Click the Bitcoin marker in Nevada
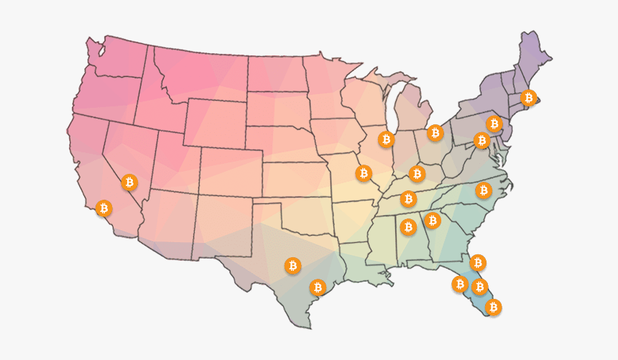coord(129,183)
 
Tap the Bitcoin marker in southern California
coord(103,208)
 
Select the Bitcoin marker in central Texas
coord(292,266)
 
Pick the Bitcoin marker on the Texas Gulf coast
coord(318,287)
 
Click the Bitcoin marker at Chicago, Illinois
coord(387,139)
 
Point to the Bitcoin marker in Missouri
coord(364,173)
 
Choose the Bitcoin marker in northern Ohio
coord(435,132)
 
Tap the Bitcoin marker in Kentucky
coord(417,173)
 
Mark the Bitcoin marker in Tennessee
coord(408,198)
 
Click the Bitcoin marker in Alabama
coord(408,227)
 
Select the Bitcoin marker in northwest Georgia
coord(432,220)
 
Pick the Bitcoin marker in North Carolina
coord(483,190)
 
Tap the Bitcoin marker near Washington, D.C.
coord(481,139)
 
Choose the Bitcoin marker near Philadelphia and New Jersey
coord(493,124)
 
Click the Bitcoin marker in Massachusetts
coord(528,97)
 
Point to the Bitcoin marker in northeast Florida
coord(477,262)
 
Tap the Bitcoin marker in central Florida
coord(479,286)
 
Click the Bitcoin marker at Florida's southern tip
coord(493,307)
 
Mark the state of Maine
coord(535,54)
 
